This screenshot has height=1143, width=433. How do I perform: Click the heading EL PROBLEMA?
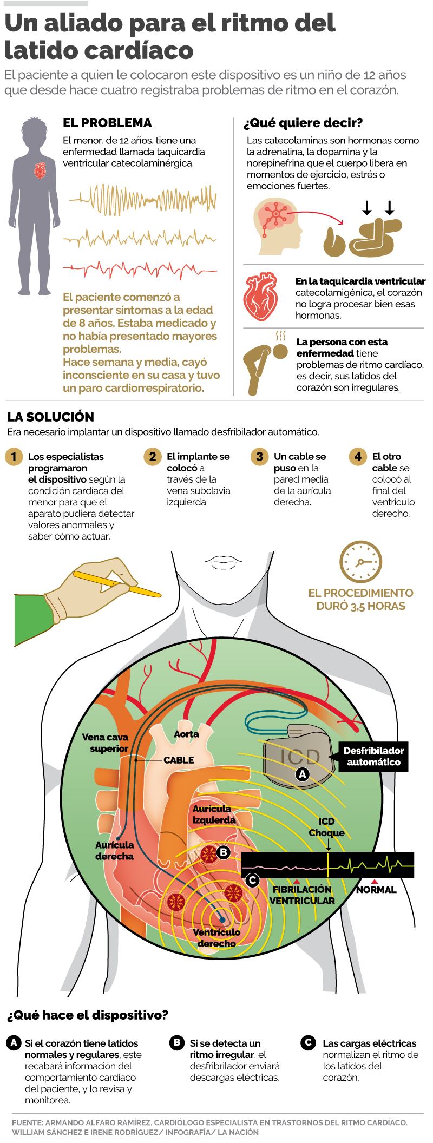[107, 123]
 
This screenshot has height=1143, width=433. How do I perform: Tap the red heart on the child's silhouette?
[40, 171]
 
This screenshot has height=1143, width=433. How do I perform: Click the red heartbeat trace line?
[142, 267]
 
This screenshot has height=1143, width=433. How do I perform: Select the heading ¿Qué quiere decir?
[303, 123]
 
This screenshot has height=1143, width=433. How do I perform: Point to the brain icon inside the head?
[277, 214]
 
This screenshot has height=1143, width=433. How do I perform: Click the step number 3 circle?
[260, 456]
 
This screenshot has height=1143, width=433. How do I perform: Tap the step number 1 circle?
[14, 456]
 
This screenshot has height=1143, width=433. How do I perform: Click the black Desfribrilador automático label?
[373, 757]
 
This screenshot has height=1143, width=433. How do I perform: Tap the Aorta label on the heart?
[186, 734]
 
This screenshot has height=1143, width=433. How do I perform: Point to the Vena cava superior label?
[105, 743]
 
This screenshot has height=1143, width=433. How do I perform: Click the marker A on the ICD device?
[303, 774]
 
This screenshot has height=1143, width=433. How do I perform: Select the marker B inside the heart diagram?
[222, 852]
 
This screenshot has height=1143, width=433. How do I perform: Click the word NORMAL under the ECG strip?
[376, 889]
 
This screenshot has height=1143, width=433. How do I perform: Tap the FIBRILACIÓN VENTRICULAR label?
[302, 895]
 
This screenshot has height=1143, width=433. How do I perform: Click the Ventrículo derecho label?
[216, 938]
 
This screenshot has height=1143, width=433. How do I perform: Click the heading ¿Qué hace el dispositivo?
[87, 1016]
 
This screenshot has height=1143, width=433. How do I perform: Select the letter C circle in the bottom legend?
[308, 1042]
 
